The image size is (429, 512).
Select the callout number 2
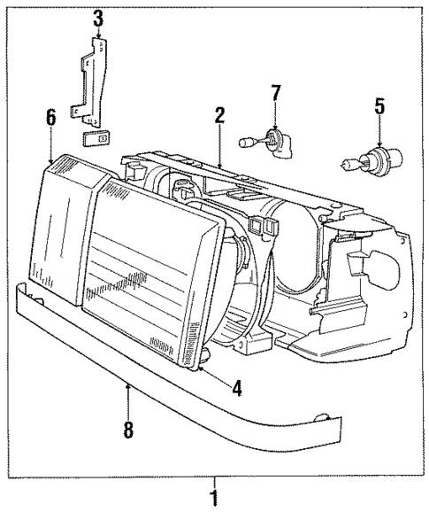218,114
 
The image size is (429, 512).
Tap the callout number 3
98,17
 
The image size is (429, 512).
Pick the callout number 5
379,107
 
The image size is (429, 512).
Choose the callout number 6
50,116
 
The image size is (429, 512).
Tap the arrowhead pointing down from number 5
379,146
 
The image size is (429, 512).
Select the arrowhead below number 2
218,164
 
